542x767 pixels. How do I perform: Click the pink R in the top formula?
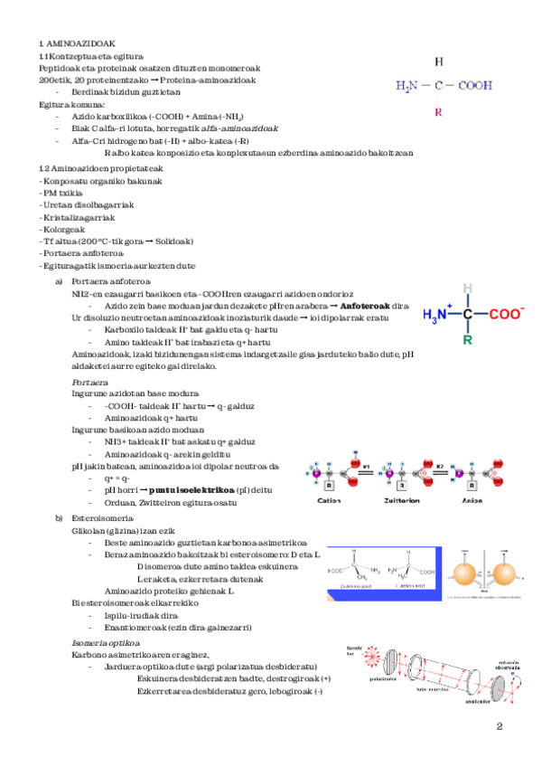[438, 112]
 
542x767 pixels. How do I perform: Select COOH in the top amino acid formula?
[474, 87]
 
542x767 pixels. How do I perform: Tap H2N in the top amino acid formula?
[406, 87]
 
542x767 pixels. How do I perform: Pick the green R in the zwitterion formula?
[467, 341]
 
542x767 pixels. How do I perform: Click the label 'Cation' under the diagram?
[330, 499]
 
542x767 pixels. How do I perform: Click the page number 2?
[499, 727]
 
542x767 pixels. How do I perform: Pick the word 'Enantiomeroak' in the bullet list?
[135, 627]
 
